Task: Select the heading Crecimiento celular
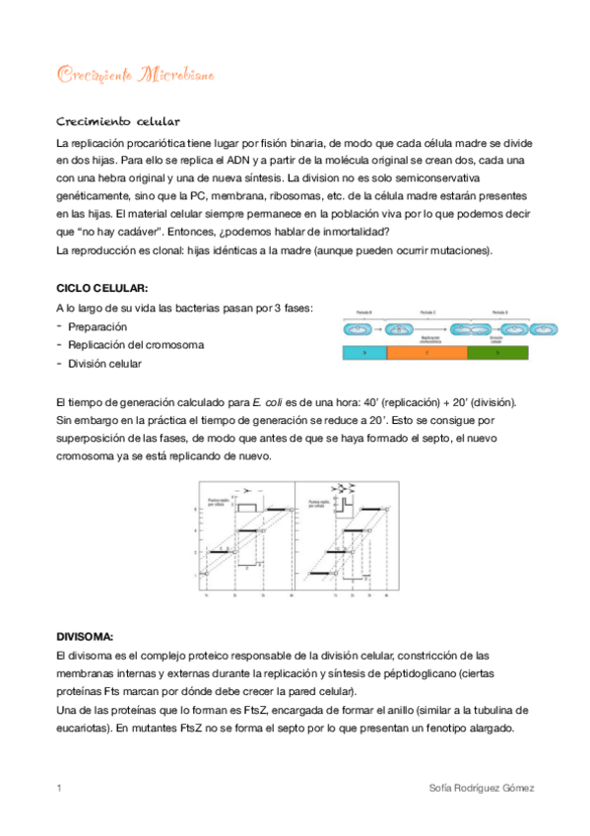click(x=117, y=122)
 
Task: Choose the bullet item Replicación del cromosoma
click(x=136, y=345)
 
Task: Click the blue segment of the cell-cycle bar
click(x=363, y=351)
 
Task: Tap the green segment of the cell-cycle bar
click(x=497, y=351)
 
